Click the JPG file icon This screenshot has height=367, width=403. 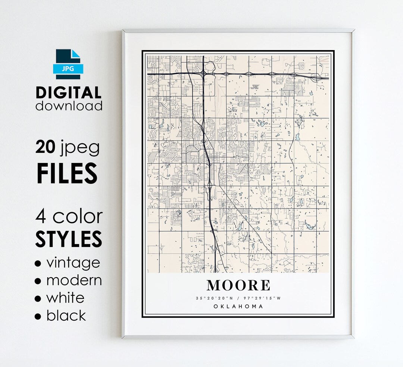point(68,64)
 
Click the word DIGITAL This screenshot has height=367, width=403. point(69,93)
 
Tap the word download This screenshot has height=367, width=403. point(69,105)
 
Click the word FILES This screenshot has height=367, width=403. point(67,172)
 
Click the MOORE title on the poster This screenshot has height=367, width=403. point(238,286)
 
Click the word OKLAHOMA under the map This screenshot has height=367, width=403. point(238,306)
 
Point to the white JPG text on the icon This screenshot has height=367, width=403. point(68,69)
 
